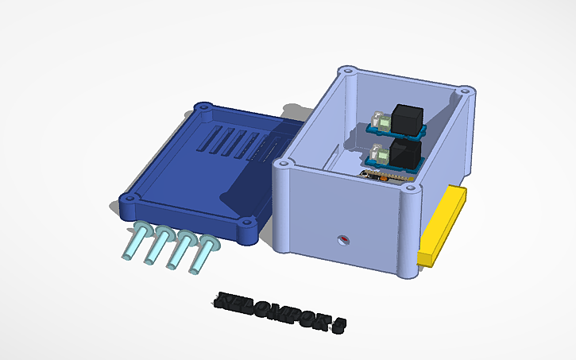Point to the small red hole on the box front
pyautogui.click(x=344, y=239)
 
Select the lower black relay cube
pyautogui.click(x=404, y=153)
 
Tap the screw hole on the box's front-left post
pyautogui.click(x=283, y=165)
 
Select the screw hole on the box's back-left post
pyautogui.click(x=346, y=72)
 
